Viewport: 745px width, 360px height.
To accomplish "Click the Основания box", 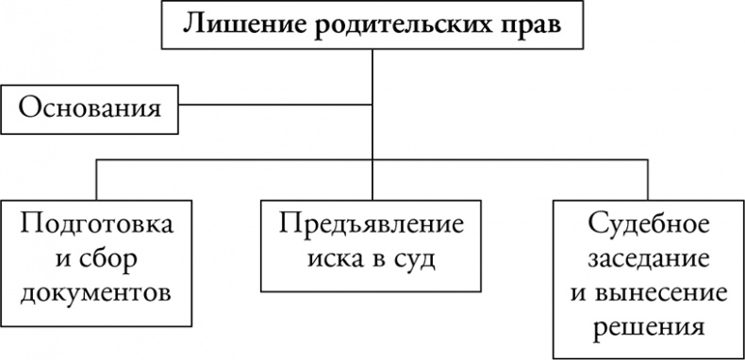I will (x=90, y=107).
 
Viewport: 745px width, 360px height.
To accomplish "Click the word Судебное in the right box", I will (x=646, y=226).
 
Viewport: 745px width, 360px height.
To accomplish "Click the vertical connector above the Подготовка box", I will (x=97, y=179).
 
